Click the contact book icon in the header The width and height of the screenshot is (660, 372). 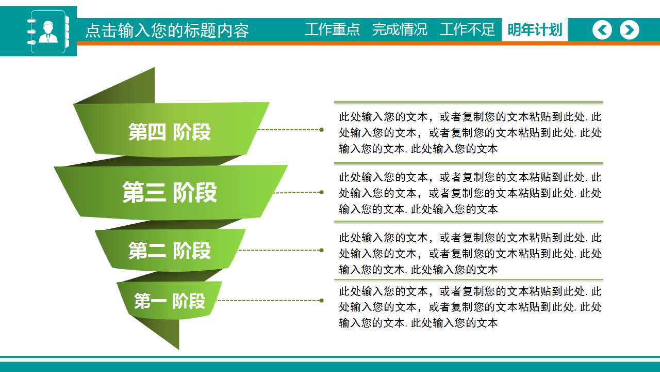click(x=48, y=32)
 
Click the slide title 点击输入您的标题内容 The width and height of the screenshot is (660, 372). click(x=167, y=30)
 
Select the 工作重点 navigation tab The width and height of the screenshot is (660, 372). click(x=332, y=29)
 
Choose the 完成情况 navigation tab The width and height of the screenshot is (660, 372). click(x=400, y=29)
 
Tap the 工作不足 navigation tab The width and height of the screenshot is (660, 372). click(x=467, y=29)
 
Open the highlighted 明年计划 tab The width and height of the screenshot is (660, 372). click(x=535, y=29)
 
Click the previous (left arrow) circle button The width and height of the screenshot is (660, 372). click(x=602, y=30)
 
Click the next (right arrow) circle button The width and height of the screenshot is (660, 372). click(x=629, y=30)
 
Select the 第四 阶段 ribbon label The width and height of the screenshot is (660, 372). click(x=170, y=132)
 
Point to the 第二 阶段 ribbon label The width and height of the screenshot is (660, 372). click(x=170, y=251)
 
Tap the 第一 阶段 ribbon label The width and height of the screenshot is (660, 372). click(x=170, y=301)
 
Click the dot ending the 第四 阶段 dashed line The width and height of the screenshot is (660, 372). click(x=322, y=130)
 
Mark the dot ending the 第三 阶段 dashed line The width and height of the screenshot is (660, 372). click(x=322, y=192)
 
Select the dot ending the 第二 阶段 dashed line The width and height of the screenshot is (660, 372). click(x=322, y=250)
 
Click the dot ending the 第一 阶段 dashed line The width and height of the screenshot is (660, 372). click(x=322, y=300)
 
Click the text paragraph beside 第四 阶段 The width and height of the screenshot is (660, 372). click(x=470, y=133)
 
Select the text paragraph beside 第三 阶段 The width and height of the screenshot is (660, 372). click(x=470, y=193)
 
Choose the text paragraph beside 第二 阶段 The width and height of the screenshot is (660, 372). click(x=470, y=254)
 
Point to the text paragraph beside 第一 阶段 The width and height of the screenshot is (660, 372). click(x=470, y=307)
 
